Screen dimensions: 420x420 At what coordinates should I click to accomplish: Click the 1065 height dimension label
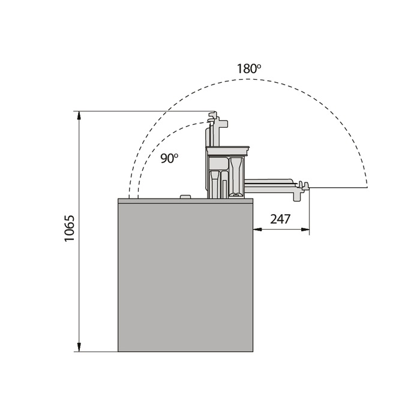(69, 228)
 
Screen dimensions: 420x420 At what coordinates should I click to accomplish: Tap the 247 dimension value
(280, 219)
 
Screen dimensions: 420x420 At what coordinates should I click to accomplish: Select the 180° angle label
(248, 68)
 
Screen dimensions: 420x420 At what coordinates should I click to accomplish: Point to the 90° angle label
(169, 158)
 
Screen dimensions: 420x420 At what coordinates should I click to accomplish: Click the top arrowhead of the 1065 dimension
(79, 115)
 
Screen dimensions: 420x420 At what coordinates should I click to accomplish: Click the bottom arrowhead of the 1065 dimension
(79, 347)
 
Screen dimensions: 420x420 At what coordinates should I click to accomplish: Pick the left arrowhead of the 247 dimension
(257, 229)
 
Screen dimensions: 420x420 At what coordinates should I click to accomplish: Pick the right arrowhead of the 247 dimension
(305, 229)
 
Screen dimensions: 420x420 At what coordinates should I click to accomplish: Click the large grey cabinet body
(185, 277)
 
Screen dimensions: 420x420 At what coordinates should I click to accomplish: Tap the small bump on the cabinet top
(185, 197)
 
